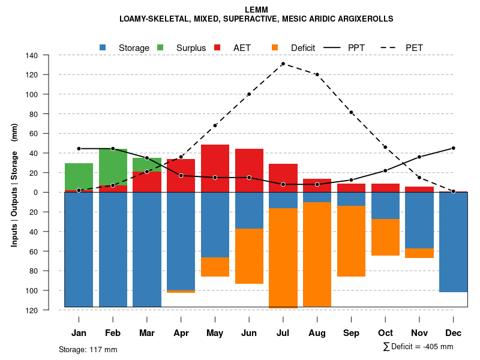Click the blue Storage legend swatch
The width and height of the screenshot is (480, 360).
103,47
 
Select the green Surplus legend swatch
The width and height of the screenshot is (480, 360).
160,47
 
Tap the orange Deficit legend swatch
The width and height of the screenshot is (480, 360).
275,47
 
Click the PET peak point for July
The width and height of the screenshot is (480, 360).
283,64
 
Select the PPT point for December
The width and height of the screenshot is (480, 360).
453,148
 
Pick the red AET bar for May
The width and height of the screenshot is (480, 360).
215,168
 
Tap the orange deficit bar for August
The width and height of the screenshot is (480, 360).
317,255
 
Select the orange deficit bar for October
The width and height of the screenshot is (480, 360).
385,238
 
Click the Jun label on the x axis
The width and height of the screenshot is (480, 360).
248,333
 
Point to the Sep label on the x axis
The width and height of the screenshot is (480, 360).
351,333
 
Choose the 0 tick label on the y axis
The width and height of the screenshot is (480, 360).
52,193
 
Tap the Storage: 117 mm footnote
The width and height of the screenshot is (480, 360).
88,349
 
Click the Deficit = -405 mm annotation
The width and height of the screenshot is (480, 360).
418,347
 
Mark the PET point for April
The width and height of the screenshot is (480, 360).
181,157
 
